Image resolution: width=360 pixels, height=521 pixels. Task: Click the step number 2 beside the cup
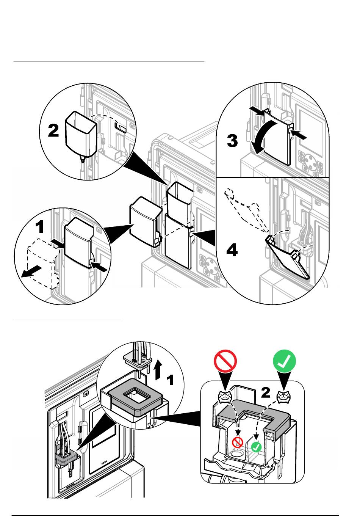coord(53,130)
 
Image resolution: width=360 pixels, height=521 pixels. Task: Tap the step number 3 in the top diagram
coord(232,141)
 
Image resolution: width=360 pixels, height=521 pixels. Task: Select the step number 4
coord(232,250)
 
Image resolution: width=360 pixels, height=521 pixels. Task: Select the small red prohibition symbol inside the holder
coord(238,442)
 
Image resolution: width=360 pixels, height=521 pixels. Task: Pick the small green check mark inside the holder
coord(257,447)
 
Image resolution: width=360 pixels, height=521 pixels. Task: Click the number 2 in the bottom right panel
coord(266,392)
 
